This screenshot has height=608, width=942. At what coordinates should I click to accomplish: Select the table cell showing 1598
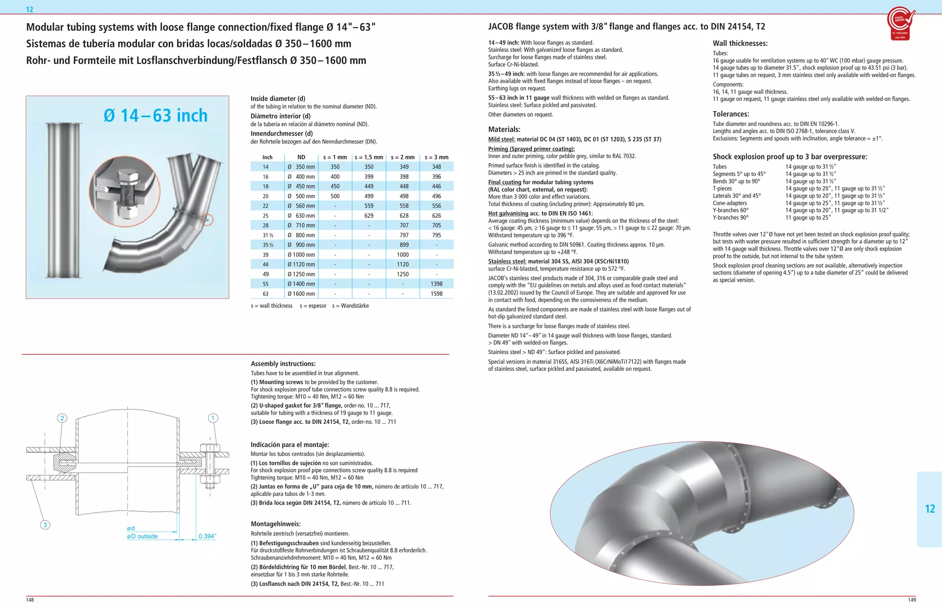436,294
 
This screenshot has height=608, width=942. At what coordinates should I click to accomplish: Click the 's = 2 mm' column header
402,157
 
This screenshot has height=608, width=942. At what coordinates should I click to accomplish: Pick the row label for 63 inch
265,294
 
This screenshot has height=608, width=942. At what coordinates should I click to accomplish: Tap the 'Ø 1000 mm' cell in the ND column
301,255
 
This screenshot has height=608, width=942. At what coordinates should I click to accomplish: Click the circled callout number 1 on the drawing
213,418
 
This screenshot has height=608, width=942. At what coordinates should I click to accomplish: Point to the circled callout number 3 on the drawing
45,525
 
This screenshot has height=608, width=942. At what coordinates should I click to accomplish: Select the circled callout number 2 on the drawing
62,418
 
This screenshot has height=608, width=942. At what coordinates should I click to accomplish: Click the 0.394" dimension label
207,536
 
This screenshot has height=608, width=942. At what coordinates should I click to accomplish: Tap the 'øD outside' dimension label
142,536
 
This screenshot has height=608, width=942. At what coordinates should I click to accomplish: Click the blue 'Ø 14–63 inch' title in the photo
155,115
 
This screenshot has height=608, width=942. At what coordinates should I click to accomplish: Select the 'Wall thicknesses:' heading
740,44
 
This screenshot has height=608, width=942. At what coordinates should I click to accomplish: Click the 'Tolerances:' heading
731,114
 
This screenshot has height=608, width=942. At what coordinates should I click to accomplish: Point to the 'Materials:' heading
504,130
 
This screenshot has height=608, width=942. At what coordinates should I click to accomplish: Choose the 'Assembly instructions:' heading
283,364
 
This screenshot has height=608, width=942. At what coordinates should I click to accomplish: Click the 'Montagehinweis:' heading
276,524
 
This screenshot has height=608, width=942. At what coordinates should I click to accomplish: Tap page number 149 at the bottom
912,600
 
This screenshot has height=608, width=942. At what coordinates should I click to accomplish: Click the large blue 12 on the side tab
930,509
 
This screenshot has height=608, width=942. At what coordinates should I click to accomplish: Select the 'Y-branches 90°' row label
730,218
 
